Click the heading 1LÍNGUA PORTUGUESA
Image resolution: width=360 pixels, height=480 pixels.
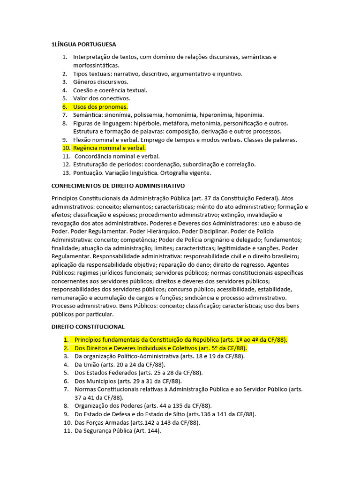point(83,45)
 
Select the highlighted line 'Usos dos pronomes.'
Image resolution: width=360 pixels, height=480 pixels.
point(100,107)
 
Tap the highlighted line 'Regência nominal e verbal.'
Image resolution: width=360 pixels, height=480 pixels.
point(109,148)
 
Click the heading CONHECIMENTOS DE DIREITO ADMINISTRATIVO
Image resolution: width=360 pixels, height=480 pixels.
point(118,186)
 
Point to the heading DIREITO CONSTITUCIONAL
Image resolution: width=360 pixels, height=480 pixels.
point(88,326)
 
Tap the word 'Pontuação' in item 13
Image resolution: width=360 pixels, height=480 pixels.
point(88,173)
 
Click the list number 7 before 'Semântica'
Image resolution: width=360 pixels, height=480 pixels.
point(65,115)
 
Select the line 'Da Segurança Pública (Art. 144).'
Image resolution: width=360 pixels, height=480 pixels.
point(118,431)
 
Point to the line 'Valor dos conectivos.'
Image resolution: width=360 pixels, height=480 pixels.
point(102,98)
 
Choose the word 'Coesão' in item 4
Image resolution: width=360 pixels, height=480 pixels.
point(83,90)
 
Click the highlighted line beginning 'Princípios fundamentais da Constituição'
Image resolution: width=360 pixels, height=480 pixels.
point(180,339)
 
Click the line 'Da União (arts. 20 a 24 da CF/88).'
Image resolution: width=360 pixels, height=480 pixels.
point(120,364)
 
